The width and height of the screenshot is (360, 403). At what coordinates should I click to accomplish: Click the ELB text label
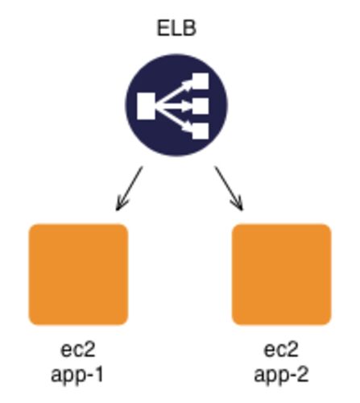pyautogui.click(x=176, y=28)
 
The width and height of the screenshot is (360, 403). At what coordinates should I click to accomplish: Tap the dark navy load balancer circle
pyautogui.click(x=176, y=105)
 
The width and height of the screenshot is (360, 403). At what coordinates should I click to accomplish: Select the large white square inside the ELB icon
pyautogui.click(x=146, y=106)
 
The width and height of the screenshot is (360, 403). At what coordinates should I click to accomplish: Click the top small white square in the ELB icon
pyautogui.click(x=201, y=81)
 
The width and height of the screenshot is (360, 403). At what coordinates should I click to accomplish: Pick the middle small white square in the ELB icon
pyautogui.click(x=201, y=106)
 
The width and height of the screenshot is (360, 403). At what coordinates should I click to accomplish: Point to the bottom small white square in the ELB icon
pyautogui.click(x=201, y=131)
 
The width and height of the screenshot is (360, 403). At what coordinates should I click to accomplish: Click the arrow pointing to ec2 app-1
pyautogui.click(x=129, y=189)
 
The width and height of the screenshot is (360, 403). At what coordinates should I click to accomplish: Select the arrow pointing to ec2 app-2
pyautogui.click(x=229, y=189)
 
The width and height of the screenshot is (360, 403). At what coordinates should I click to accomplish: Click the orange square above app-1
pyautogui.click(x=78, y=274)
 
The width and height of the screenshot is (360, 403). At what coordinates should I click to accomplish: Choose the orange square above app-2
pyautogui.click(x=281, y=274)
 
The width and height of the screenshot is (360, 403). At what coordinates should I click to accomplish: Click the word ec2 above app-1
pyautogui.click(x=78, y=350)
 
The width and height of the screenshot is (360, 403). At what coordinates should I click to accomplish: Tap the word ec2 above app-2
pyautogui.click(x=281, y=350)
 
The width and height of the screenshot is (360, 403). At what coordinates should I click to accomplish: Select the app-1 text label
pyautogui.click(x=77, y=375)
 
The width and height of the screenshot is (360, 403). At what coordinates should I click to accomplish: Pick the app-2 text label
pyautogui.click(x=281, y=375)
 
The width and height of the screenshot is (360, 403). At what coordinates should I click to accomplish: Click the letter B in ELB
pyautogui.click(x=190, y=28)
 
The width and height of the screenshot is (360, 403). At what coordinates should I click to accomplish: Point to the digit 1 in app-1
pyautogui.click(x=98, y=374)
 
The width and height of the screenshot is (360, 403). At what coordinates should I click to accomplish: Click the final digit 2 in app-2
pyautogui.click(x=303, y=374)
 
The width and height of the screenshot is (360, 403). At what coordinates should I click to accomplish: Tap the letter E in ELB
pyautogui.click(x=163, y=28)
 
